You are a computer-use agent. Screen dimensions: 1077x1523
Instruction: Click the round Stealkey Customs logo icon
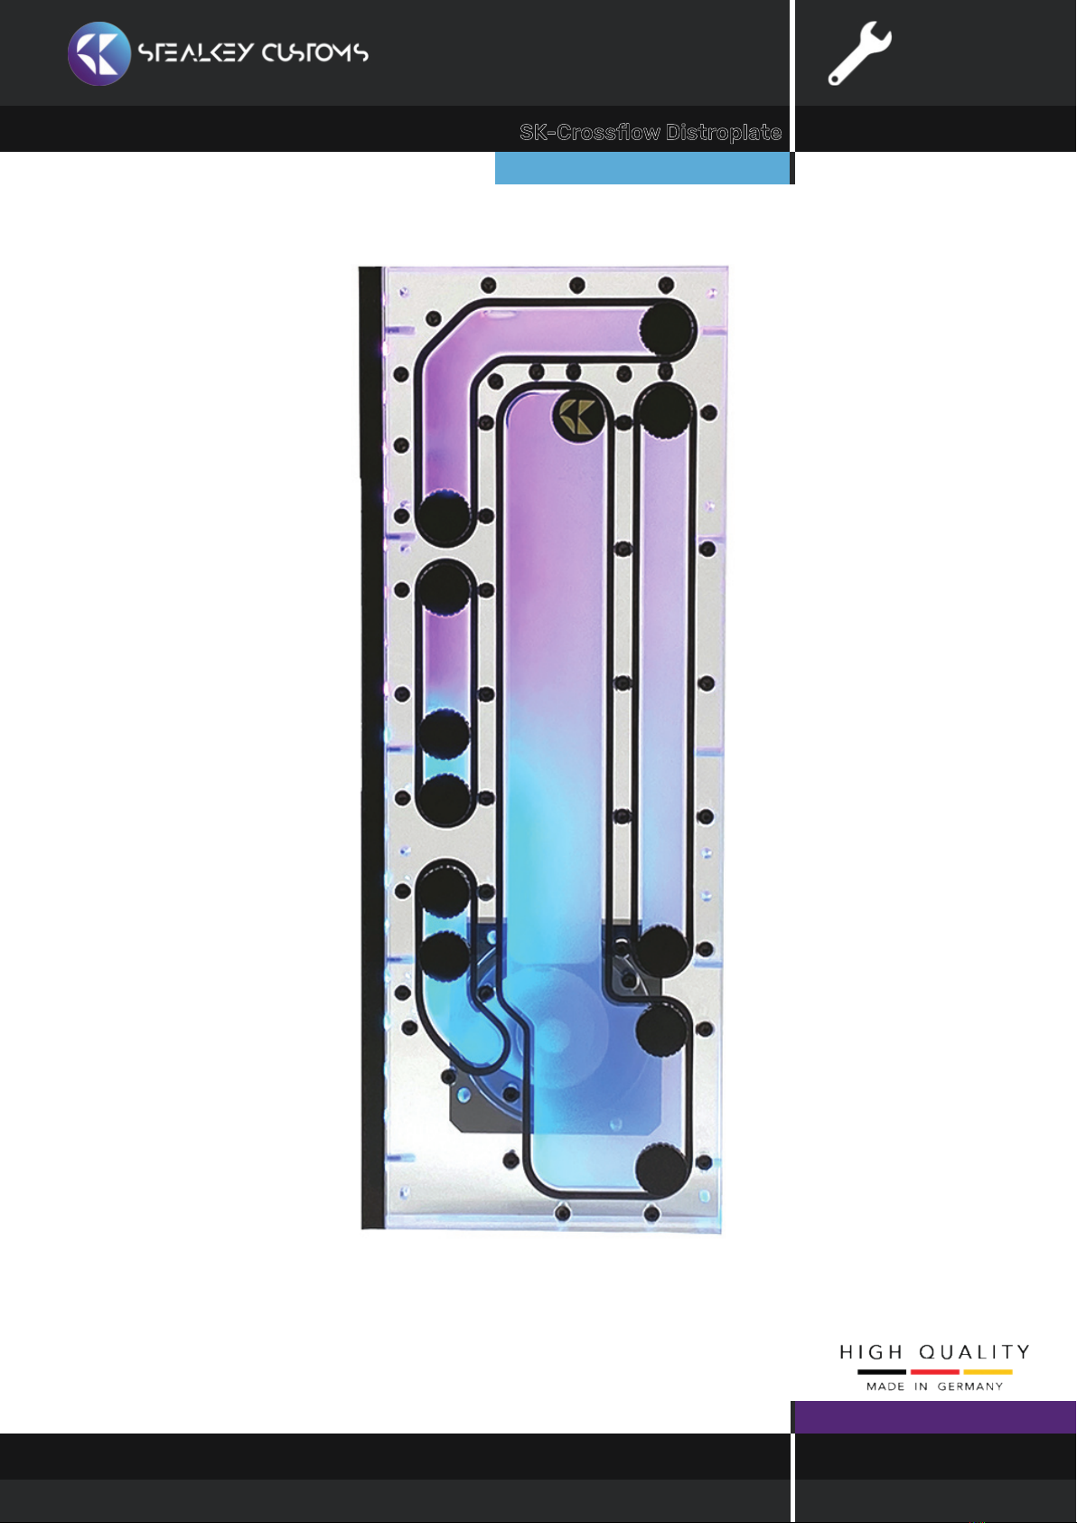point(99,53)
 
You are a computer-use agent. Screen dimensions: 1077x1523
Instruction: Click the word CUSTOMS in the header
point(315,52)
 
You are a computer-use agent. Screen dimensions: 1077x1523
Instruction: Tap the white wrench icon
point(859,53)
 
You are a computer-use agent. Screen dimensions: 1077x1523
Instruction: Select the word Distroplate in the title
point(724,132)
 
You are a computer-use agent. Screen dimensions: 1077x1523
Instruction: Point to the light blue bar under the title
point(642,168)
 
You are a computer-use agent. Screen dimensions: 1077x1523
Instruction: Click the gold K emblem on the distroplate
point(577,416)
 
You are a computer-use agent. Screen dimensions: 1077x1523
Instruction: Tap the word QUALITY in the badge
point(974,1351)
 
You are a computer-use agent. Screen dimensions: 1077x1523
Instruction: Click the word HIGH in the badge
point(871,1351)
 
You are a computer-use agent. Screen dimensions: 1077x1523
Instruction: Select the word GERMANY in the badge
point(969,1387)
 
